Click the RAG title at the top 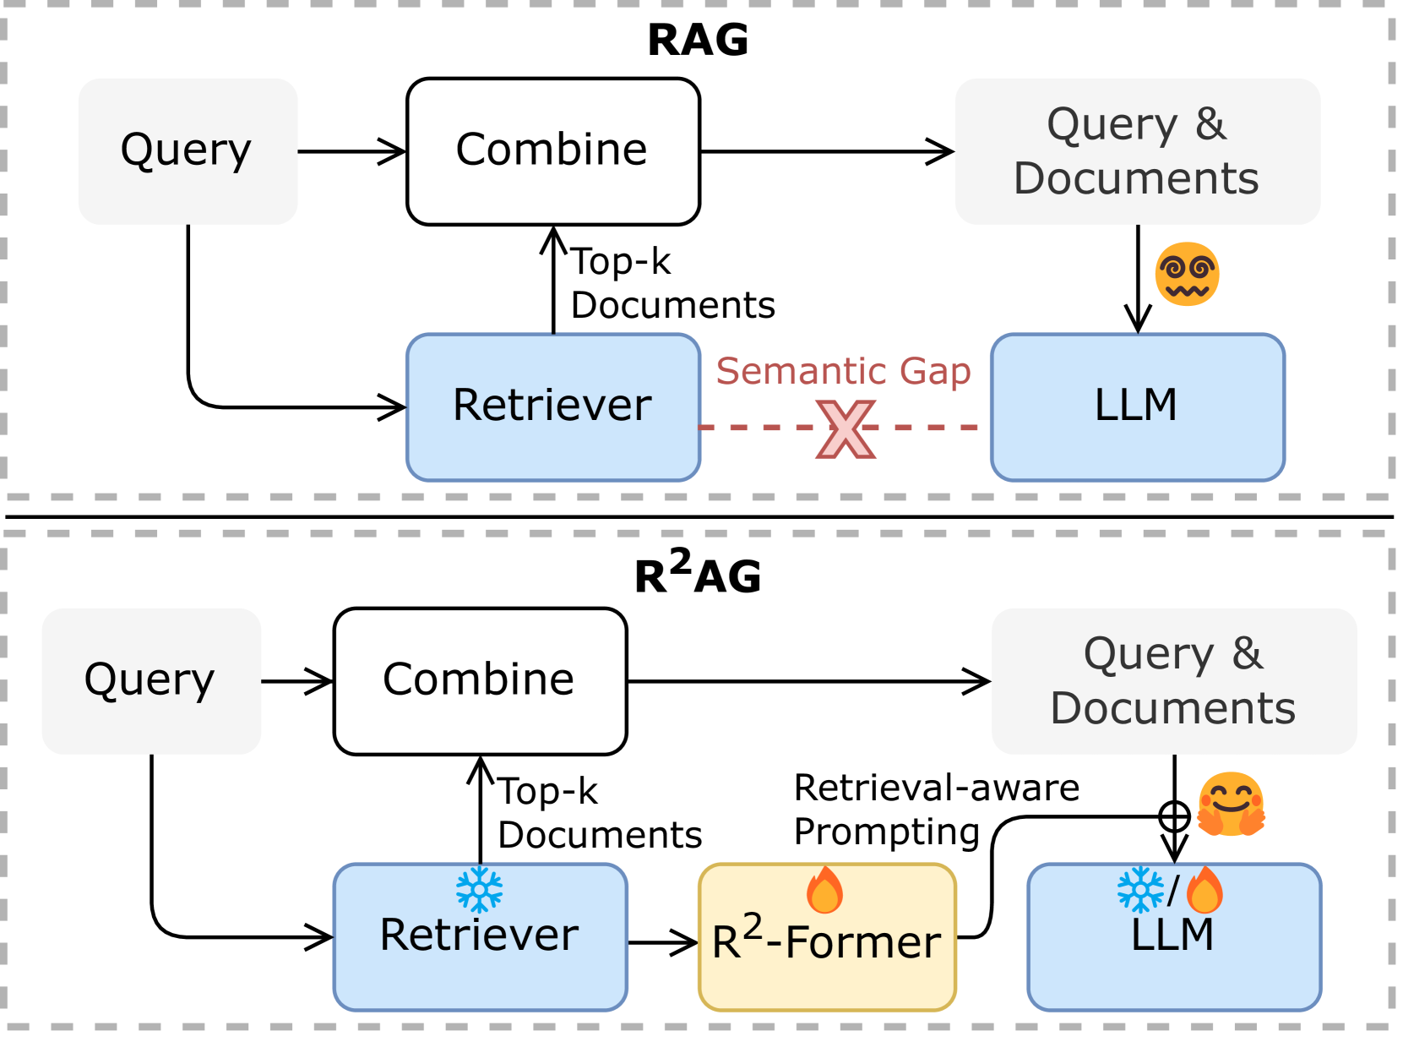click(x=698, y=40)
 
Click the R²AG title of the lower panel click(x=698, y=574)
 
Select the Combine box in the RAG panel click(x=552, y=151)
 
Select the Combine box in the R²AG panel click(x=480, y=680)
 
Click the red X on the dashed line click(x=846, y=429)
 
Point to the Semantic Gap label click(x=843, y=371)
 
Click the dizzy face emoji click(x=1187, y=275)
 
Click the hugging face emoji click(x=1231, y=804)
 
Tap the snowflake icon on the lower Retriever click(x=479, y=890)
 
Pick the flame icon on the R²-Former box click(x=824, y=890)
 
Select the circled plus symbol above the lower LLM click(x=1174, y=816)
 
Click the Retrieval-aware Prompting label click(x=936, y=810)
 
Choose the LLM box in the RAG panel click(x=1137, y=406)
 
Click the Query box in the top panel click(x=188, y=151)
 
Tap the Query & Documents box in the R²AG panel click(x=1173, y=680)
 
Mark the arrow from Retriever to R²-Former click(x=663, y=941)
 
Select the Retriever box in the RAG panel click(x=552, y=406)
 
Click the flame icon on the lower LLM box click(x=1205, y=890)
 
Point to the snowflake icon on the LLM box click(x=1139, y=890)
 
